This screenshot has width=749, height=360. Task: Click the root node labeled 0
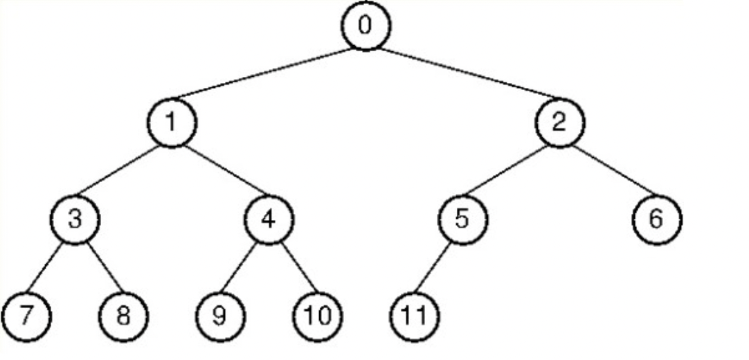[x=366, y=26]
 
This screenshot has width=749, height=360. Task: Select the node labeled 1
[x=172, y=123]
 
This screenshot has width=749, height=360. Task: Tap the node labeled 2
[x=559, y=123]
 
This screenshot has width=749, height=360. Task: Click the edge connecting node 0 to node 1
[x=269, y=75]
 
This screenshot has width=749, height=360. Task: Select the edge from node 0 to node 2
[x=462, y=75]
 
